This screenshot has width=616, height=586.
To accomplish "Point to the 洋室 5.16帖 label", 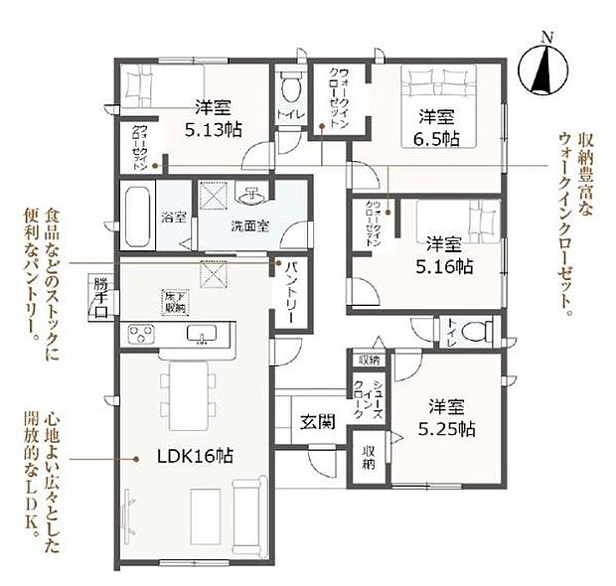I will (450, 255).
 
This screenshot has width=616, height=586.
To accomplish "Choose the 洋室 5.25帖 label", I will (451, 417).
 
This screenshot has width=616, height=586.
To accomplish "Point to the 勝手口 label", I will (100, 298).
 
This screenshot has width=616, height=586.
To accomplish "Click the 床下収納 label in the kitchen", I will (175, 302).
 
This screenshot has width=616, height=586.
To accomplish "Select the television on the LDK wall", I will (126, 516).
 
